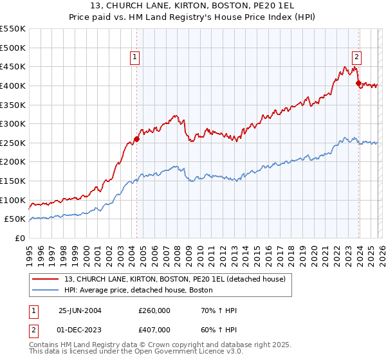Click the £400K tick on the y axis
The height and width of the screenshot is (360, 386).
[x=13, y=85]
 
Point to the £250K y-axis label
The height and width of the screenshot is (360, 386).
[x=13, y=143]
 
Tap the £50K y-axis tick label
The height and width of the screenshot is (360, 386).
[x=15, y=219]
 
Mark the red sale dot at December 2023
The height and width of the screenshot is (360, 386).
[x=358, y=82]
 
